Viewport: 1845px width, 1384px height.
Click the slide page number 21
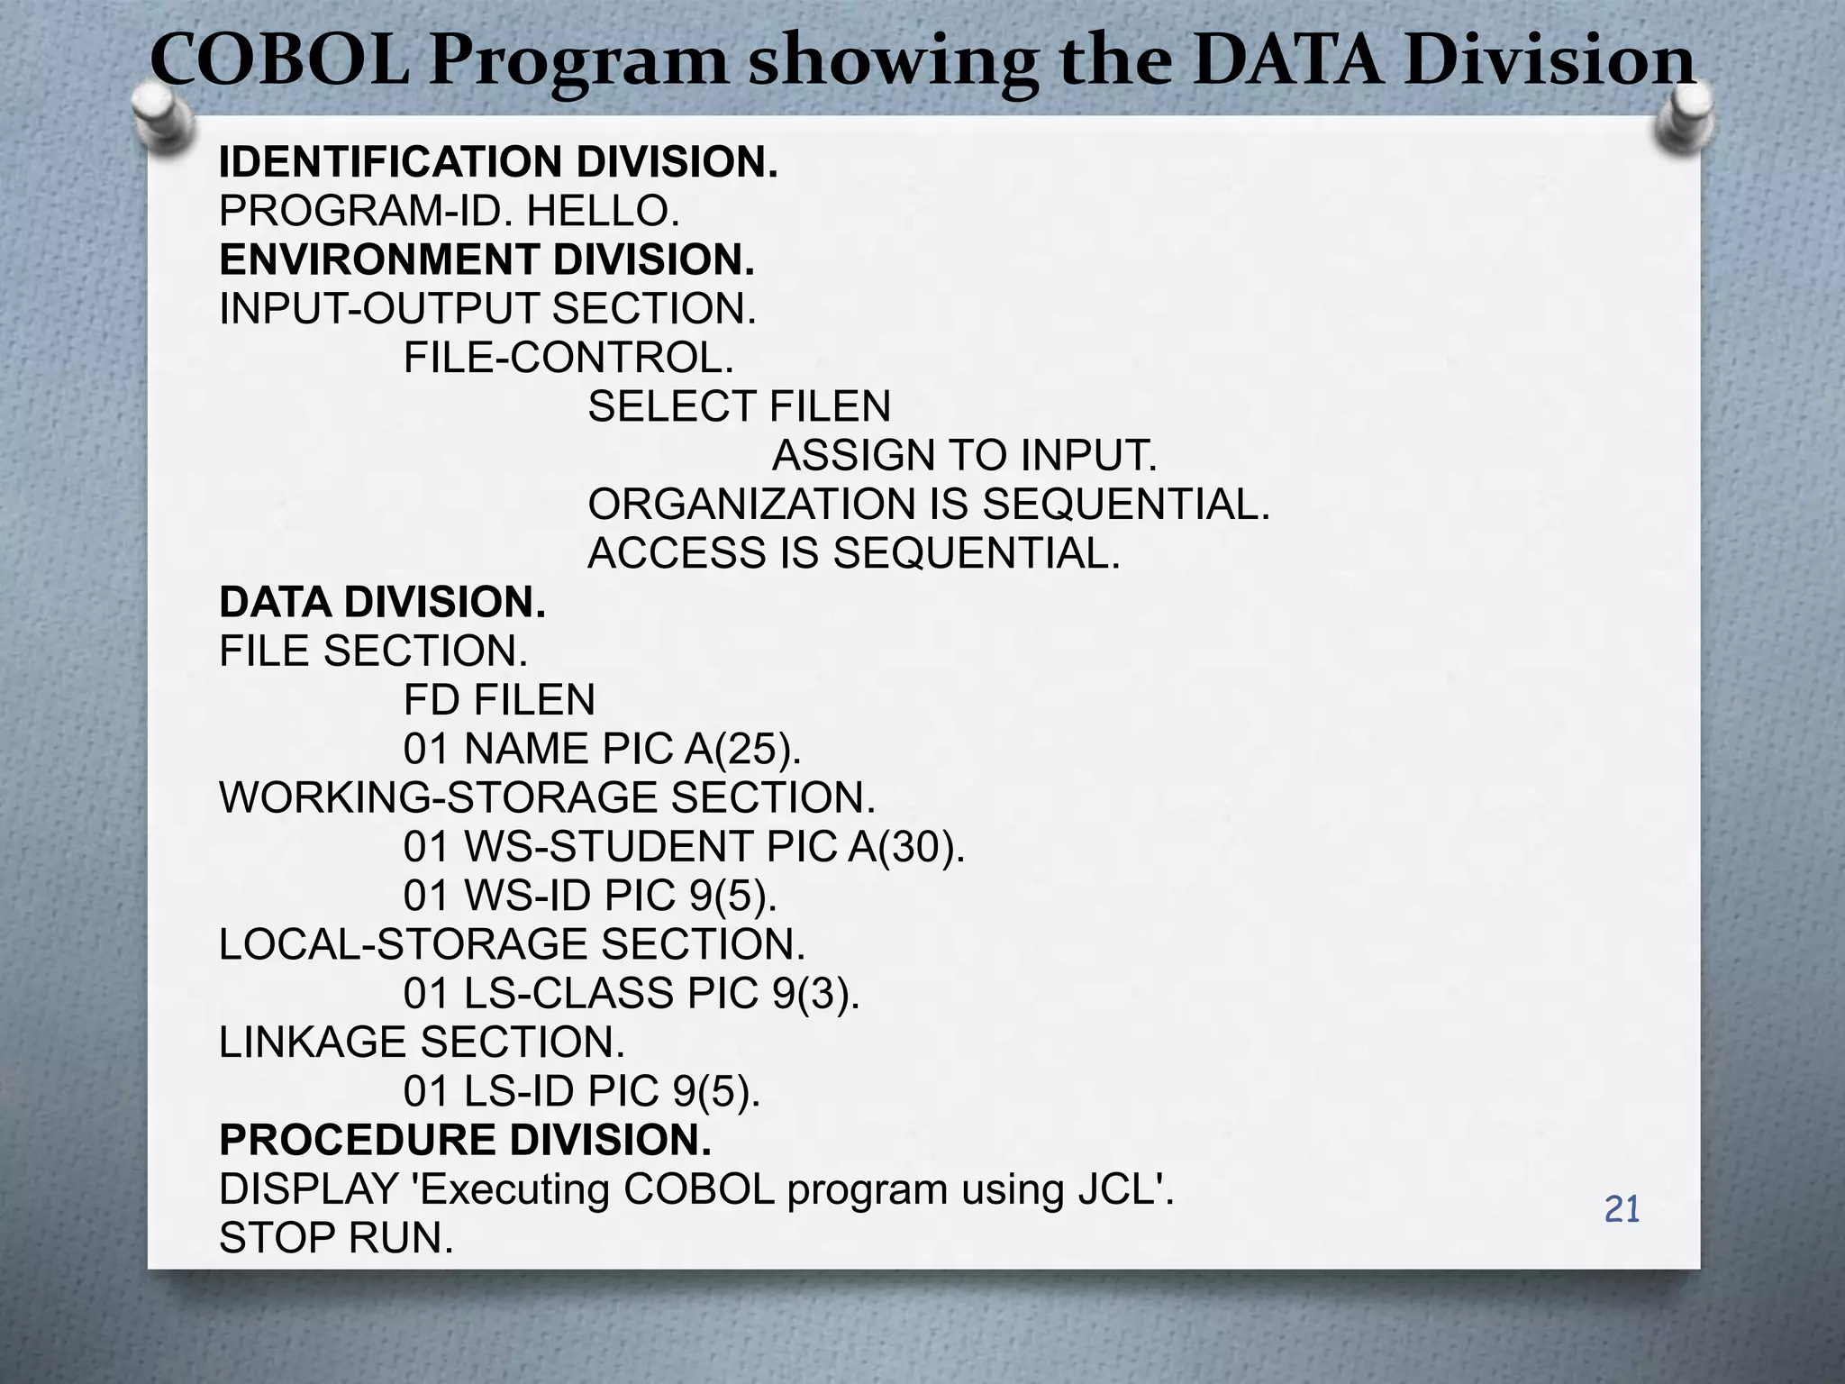pyautogui.click(x=1622, y=1209)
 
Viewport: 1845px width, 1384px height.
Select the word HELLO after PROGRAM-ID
pyautogui.click(x=603, y=212)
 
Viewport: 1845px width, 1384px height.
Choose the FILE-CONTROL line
pyautogui.click(x=568, y=358)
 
